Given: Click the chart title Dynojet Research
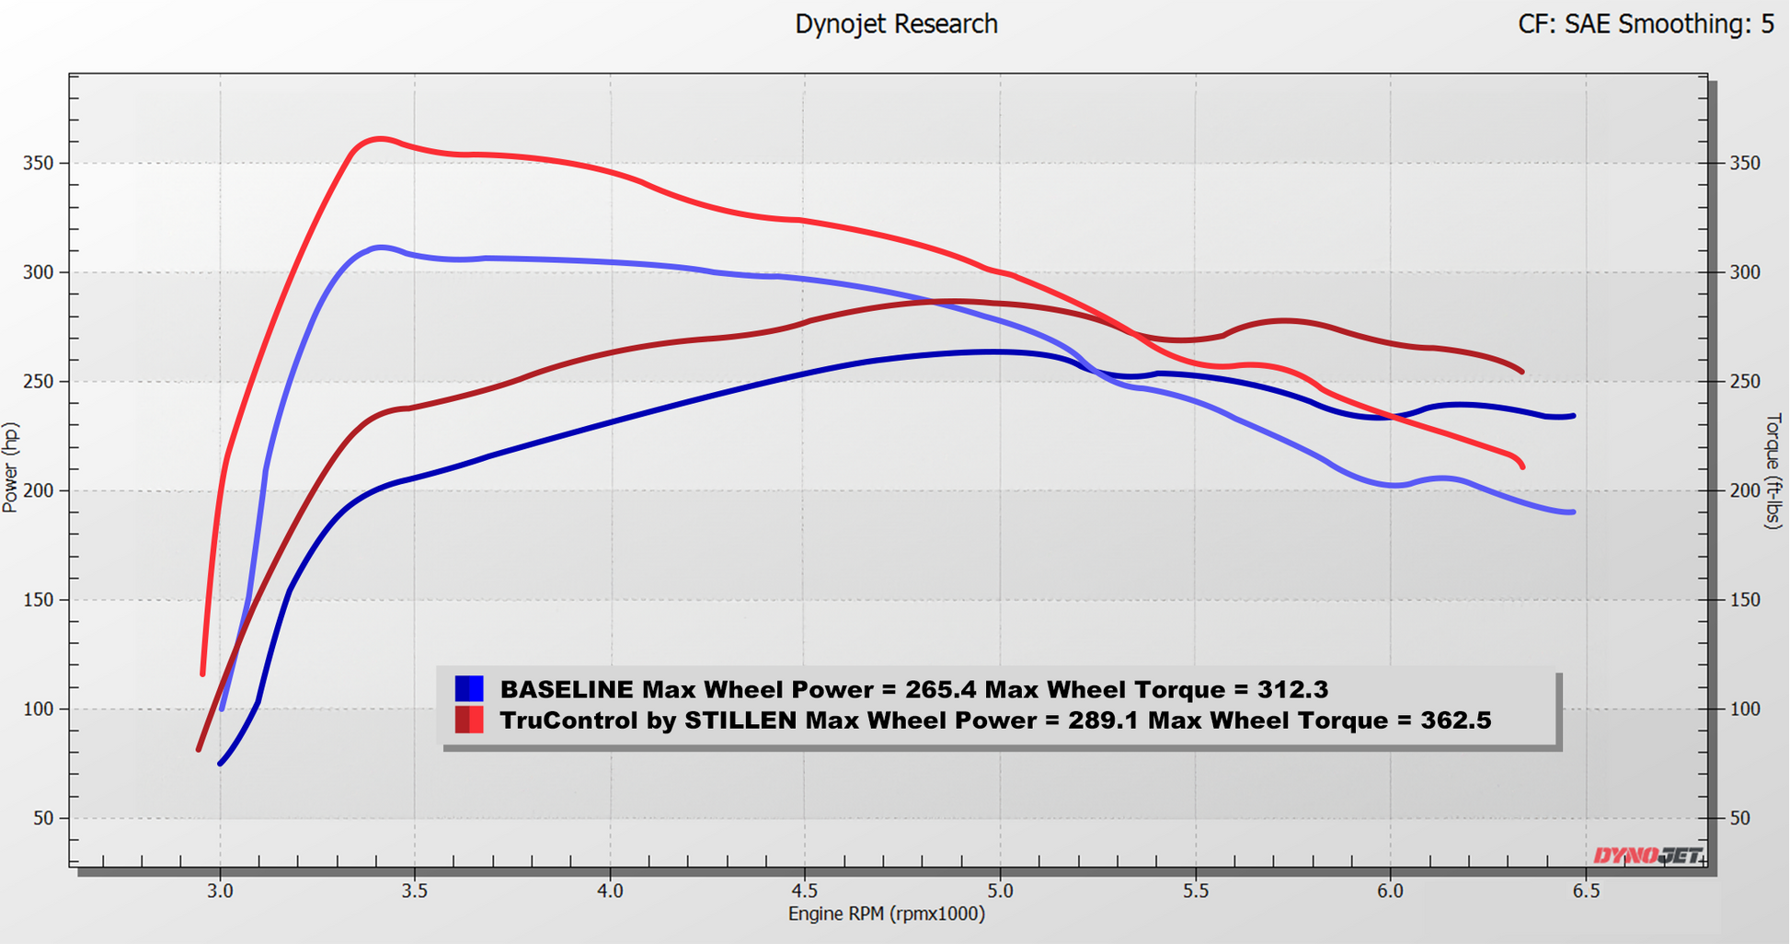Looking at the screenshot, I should click(896, 24).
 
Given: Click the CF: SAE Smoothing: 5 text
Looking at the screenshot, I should click(1645, 24).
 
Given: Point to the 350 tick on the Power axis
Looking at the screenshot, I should click(39, 164).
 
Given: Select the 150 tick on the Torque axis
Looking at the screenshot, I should click(1745, 600).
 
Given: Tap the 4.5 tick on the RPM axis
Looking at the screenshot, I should click(805, 891).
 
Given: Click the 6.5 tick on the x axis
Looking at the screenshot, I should click(1585, 891).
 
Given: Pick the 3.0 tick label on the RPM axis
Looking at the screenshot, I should click(220, 891).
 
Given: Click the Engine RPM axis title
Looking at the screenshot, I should click(886, 914).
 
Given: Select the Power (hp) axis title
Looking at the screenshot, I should click(11, 467).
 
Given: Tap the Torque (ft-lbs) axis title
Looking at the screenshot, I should click(1773, 470).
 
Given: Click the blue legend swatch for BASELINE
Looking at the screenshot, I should click(469, 688).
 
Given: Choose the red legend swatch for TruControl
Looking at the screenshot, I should click(469, 720).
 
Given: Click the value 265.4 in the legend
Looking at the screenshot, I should click(940, 689).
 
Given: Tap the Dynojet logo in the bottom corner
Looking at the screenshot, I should click(1647, 856).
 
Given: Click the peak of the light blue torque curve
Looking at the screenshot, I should click(379, 247).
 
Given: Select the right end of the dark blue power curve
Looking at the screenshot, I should click(1574, 416).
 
